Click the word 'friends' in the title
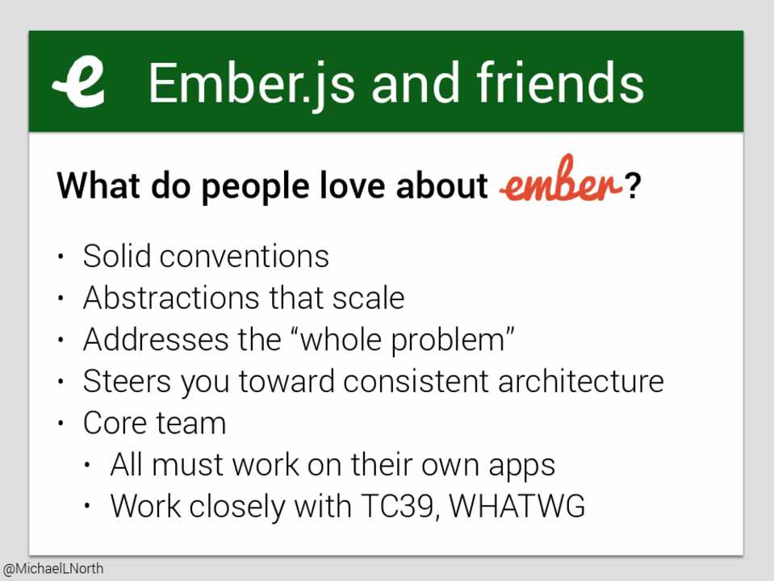(x=560, y=82)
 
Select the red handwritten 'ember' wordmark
(x=561, y=180)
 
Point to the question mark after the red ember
(x=632, y=185)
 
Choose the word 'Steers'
(x=127, y=381)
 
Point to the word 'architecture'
(x=581, y=381)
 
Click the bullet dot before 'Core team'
(x=61, y=423)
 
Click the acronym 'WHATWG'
(x=517, y=505)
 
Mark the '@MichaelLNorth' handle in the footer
(x=52, y=569)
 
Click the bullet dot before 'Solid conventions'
(x=61, y=257)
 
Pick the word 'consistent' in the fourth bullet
(x=416, y=381)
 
